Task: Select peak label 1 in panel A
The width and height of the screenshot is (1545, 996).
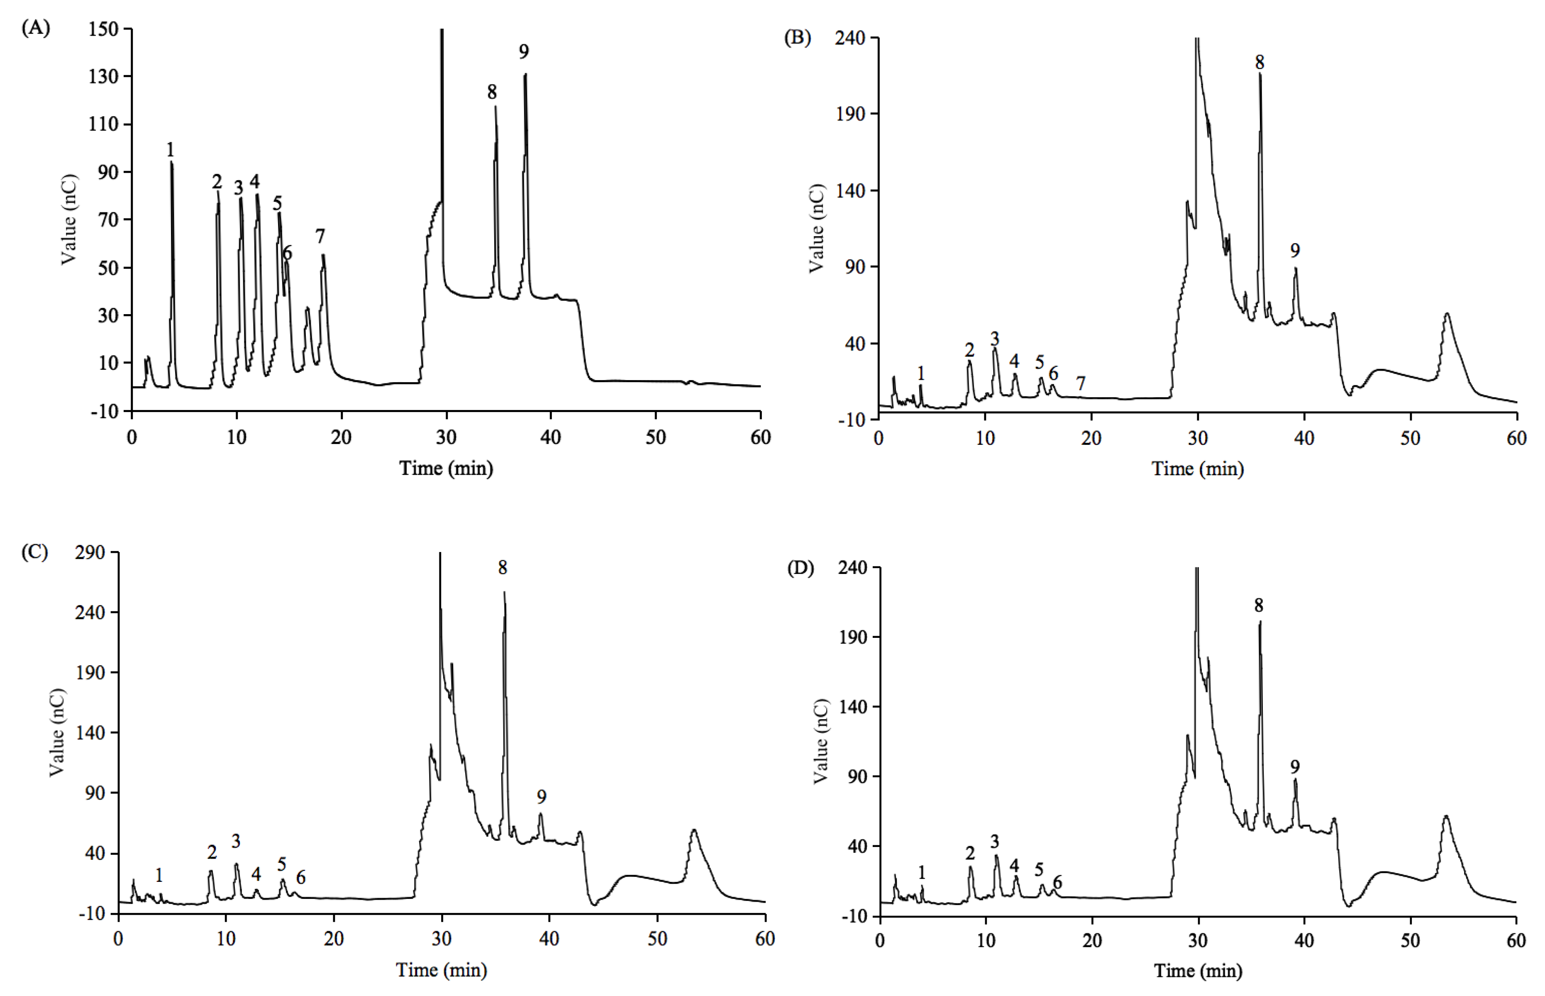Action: pyautogui.click(x=170, y=150)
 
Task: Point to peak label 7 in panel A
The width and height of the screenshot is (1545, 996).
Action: pyautogui.click(x=320, y=237)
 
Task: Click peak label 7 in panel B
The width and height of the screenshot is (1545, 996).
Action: pyautogui.click(x=1081, y=383)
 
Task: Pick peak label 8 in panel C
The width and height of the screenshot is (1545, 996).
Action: pyautogui.click(x=503, y=568)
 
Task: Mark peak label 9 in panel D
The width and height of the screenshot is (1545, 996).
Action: pyautogui.click(x=1295, y=767)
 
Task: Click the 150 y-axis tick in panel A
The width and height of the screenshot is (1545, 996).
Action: pyautogui.click(x=103, y=29)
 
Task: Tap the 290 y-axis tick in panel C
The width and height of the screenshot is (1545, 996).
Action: pyautogui.click(x=90, y=552)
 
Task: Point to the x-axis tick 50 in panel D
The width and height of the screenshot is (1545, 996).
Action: pyautogui.click(x=1411, y=940)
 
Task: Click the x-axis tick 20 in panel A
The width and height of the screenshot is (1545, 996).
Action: pyautogui.click(x=341, y=438)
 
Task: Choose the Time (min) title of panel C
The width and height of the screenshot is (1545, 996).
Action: pyautogui.click(x=442, y=970)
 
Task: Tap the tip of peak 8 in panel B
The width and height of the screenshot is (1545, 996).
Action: pyautogui.click(x=1260, y=74)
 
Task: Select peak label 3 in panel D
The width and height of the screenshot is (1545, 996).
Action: pyautogui.click(x=995, y=842)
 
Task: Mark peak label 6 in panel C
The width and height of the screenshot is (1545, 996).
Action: pyautogui.click(x=301, y=878)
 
